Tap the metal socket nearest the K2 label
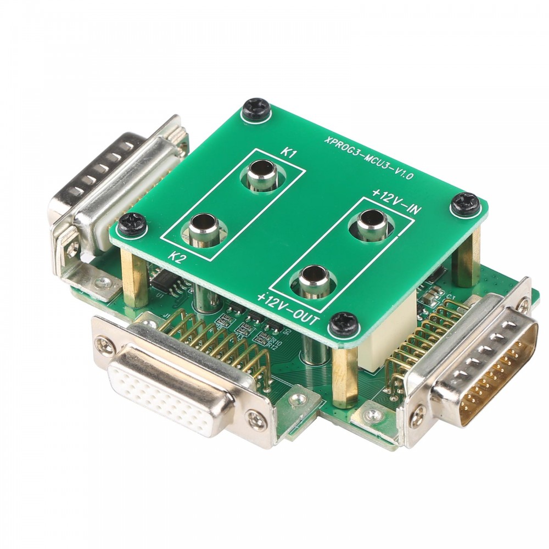point(205,228)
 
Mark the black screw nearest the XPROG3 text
point(256,109)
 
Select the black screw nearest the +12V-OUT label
point(345,324)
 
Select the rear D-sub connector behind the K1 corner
point(110,187)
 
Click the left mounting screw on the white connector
point(104,345)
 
